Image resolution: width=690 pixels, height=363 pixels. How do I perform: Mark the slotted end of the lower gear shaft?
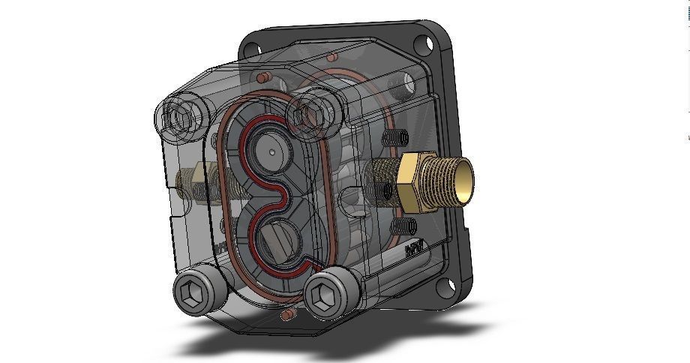coord(279,246)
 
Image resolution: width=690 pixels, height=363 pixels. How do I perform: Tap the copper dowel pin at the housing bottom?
coord(284,316)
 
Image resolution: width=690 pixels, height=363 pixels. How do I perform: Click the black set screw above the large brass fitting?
coord(397,138)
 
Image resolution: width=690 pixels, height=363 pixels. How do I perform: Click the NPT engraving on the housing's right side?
coord(414,248)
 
